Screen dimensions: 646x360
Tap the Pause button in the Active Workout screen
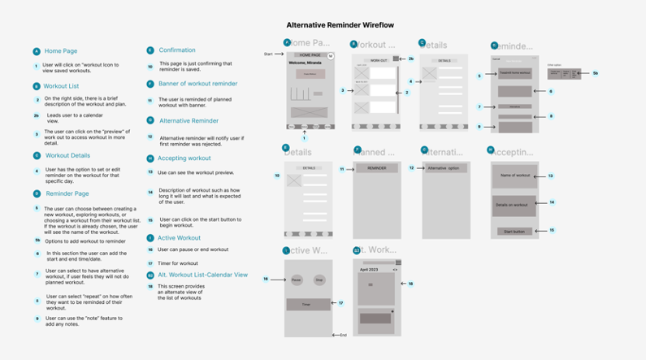(297, 280)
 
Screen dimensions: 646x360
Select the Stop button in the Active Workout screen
(319, 280)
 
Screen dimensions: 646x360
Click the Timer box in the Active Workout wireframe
(308, 305)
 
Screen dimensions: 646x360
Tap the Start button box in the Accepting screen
(514, 231)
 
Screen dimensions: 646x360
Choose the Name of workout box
(514, 176)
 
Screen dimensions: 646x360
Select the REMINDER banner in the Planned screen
(377, 168)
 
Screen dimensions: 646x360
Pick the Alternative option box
(444, 168)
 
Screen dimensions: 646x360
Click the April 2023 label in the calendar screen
(370, 269)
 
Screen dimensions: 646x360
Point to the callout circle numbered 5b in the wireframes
(595, 74)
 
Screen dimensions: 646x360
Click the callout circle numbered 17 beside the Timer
(341, 303)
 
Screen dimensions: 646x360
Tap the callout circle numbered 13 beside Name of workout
(550, 176)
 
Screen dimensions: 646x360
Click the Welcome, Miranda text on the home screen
(305, 62)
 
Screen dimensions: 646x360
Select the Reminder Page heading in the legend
(67, 193)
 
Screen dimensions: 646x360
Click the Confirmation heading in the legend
(176, 50)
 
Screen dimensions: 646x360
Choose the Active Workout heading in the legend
(179, 238)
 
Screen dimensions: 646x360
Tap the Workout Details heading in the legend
(67, 155)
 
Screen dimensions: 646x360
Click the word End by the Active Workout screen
(344, 335)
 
